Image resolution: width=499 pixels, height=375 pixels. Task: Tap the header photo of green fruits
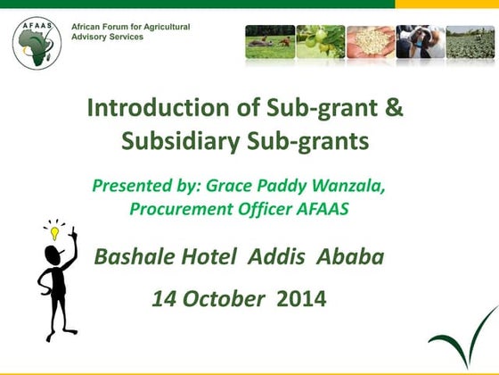[320, 42]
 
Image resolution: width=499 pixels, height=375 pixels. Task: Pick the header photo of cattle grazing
[270, 42]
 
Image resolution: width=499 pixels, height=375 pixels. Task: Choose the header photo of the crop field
[470, 42]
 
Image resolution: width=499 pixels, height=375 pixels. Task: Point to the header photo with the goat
[420, 42]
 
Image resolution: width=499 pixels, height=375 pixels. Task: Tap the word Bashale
[138, 257]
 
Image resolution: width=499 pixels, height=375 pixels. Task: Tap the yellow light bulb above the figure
[55, 231]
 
